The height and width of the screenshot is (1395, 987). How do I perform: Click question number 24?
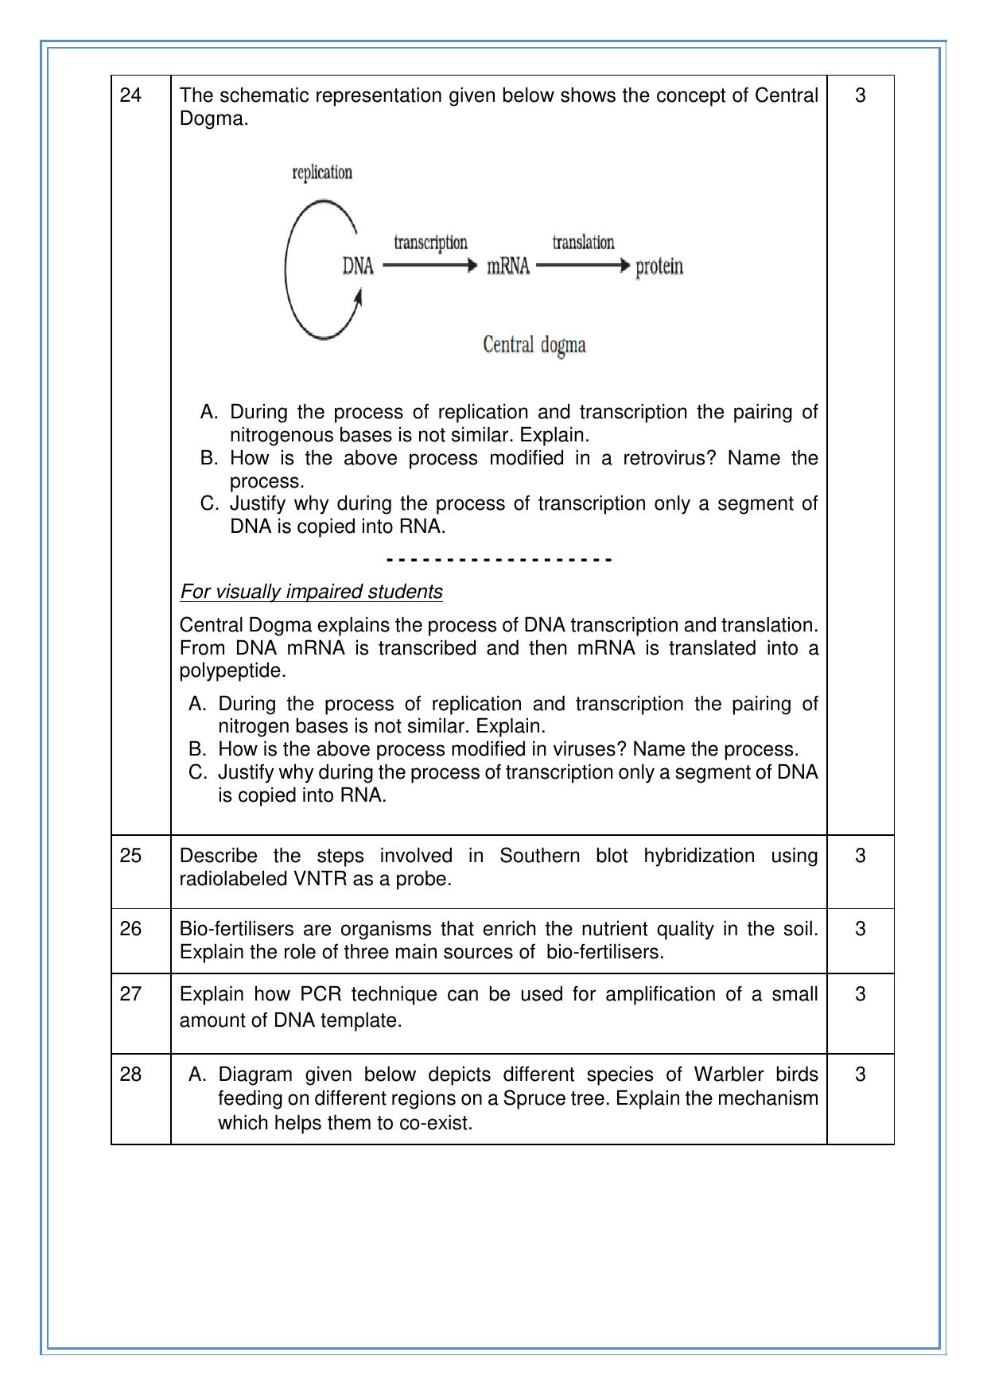130,95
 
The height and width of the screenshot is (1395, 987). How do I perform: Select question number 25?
130,856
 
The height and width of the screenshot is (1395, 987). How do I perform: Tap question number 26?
130,929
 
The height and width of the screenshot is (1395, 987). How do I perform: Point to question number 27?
130,994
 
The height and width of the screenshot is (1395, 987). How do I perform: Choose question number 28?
130,1074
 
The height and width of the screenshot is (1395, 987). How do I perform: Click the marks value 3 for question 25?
860,856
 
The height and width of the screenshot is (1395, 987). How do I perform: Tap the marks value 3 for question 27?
860,994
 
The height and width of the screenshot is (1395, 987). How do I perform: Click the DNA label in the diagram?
358,266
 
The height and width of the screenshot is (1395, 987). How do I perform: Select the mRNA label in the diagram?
508,266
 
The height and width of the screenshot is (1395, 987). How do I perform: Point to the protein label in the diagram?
659,266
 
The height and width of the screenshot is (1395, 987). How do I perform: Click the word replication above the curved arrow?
322,173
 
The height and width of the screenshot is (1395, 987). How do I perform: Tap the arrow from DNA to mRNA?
429,266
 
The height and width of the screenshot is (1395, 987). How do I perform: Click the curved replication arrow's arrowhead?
359,297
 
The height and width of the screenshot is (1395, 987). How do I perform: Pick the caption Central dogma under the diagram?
534,345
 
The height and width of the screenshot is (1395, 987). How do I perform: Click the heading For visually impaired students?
311,592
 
